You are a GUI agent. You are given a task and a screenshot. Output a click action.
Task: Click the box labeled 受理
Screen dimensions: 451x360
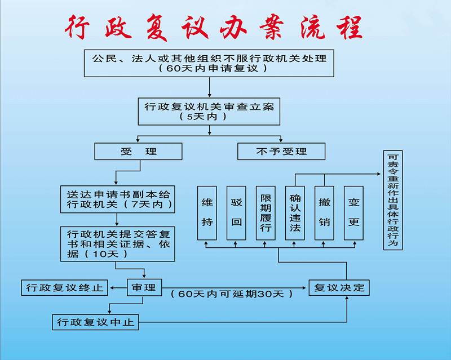point(138,152)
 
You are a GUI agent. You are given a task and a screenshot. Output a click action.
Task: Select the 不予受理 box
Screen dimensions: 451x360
point(281,152)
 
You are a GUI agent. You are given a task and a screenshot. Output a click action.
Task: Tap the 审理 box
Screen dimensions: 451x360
point(144,287)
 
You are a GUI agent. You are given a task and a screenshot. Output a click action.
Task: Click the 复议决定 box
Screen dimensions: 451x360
point(339,287)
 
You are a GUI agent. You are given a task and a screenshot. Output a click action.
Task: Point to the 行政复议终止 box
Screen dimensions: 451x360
point(65,287)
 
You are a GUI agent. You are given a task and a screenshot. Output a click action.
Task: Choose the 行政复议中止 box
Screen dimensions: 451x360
point(95,322)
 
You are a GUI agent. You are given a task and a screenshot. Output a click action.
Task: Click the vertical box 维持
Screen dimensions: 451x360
point(207,213)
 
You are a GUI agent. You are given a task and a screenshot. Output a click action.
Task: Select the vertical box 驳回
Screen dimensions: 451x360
point(236,213)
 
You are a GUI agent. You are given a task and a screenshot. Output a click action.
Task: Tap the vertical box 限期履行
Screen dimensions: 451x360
point(266,213)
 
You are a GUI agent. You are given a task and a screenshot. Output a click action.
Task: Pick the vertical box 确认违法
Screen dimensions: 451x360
point(295,213)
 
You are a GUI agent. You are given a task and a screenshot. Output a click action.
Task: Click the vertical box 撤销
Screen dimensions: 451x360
point(325,213)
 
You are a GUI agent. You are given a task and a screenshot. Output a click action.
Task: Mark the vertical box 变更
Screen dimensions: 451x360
point(354,213)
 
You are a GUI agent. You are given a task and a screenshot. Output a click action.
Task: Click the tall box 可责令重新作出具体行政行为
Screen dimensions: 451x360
point(393,200)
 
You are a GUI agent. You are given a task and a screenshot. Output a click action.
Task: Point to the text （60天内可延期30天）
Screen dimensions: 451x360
point(232,294)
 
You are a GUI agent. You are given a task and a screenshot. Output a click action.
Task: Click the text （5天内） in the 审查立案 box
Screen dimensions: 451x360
point(203,117)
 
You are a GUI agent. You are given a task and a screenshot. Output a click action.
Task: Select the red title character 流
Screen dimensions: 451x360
point(313,27)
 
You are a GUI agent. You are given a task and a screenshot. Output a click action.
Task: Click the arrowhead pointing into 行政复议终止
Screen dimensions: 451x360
point(112,287)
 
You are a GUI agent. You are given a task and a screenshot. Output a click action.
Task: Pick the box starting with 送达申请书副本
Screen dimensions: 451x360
point(118,199)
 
